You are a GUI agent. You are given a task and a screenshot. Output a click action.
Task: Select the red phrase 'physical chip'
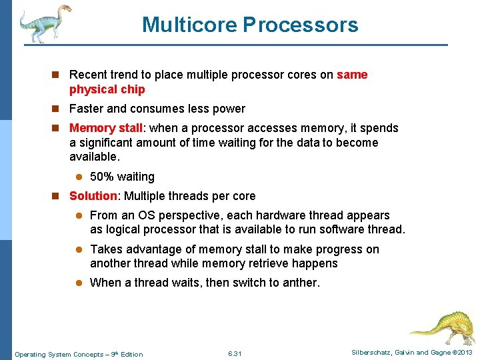click(107, 89)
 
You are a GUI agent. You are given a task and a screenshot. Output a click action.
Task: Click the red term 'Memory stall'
click(105, 128)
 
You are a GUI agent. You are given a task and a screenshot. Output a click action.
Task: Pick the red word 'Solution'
click(93, 196)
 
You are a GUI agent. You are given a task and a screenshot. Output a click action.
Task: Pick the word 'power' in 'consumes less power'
click(229, 109)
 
